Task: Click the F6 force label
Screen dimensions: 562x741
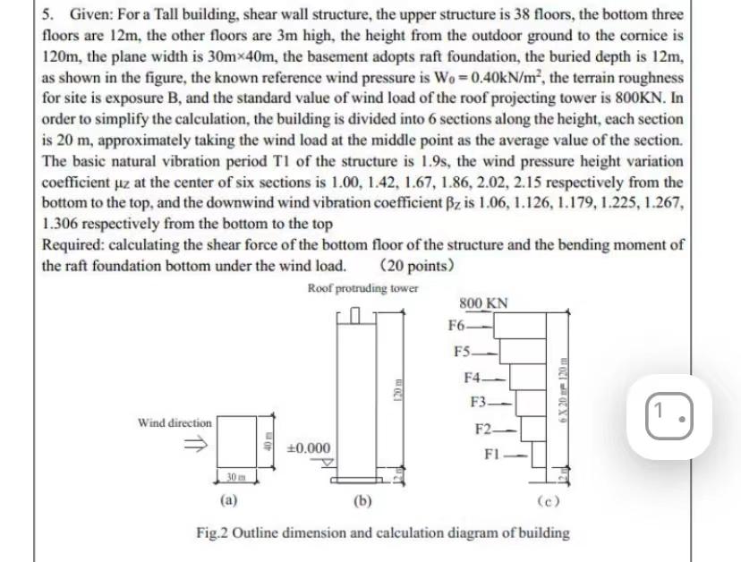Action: click(x=457, y=326)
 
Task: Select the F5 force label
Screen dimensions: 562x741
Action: click(x=463, y=350)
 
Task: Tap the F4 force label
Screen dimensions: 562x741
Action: click(x=474, y=376)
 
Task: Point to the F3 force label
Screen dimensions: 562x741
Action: click(x=480, y=401)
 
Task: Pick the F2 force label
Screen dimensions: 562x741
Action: click(x=485, y=427)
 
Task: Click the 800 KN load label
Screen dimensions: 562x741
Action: click(x=483, y=303)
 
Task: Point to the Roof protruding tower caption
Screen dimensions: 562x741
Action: click(x=362, y=288)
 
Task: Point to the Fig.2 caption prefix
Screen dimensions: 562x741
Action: click(x=214, y=532)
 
